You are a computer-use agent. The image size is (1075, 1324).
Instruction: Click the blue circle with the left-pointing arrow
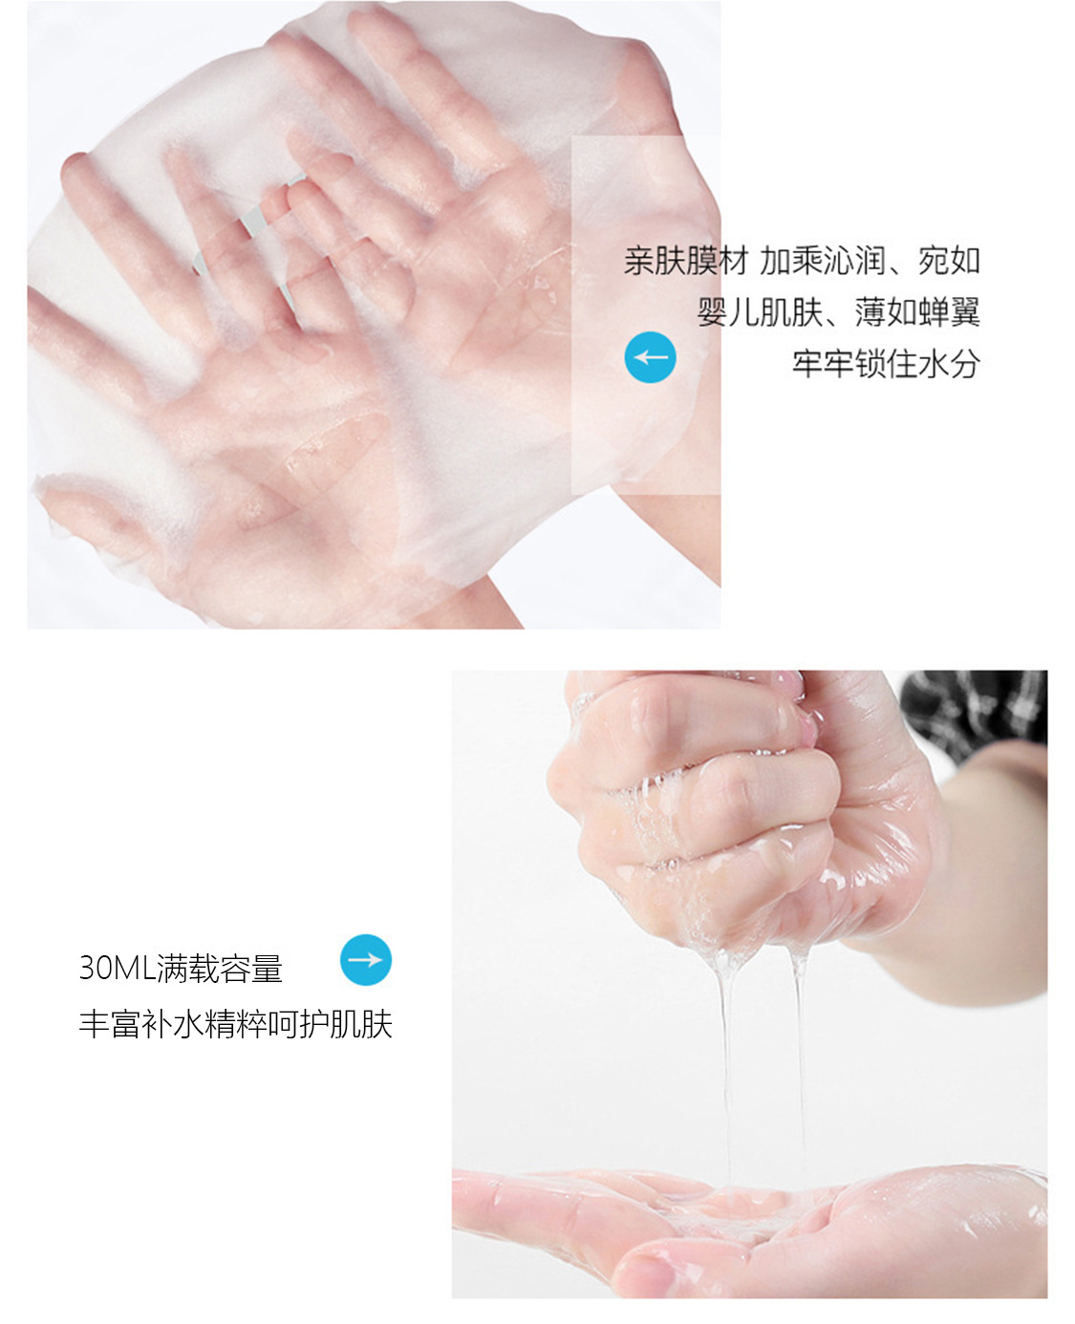pyautogui.click(x=650, y=357)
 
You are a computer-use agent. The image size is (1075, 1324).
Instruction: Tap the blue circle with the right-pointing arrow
pyautogui.click(x=366, y=959)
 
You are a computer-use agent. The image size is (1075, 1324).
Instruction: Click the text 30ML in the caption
pyautogui.click(x=117, y=968)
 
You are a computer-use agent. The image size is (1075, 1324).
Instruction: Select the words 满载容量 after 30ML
pyautogui.click(x=220, y=968)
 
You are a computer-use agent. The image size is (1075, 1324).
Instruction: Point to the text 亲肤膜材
pyautogui.click(x=686, y=261)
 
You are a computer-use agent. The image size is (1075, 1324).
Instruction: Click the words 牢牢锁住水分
pyautogui.click(x=886, y=363)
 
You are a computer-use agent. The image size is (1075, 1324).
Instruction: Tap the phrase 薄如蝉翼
pyautogui.click(x=917, y=311)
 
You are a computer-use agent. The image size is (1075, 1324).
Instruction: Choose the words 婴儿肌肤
pyautogui.click(x=759, y=311)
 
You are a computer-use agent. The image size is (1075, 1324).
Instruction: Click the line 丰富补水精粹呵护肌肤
pyautogui.click(x=236, y=1024)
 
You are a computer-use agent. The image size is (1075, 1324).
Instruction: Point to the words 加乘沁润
pyautogui.click(x=822, y=261)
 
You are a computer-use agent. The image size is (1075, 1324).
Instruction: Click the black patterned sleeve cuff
pyautogui.click(x=973, y=709)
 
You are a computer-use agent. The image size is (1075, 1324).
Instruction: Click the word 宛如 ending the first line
pyautogui.click(x=949, y=261)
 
